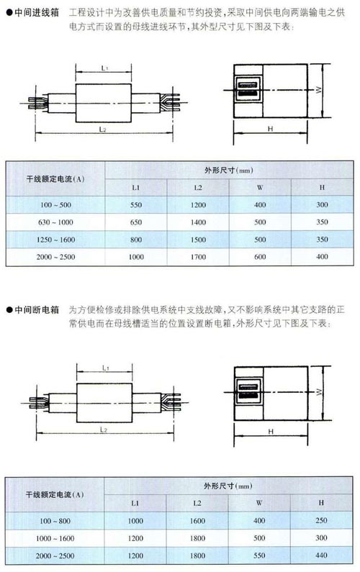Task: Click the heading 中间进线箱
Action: tap(37, 13)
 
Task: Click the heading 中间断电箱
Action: tap(37, 310)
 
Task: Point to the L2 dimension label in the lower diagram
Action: tap(104, 430)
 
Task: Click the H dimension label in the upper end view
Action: tap(270, 129)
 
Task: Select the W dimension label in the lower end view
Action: tap(319, 392)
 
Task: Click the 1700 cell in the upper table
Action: tap(198, 257)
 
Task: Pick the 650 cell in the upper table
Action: tap(136, 222)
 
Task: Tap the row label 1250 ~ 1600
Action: tap(56, 240)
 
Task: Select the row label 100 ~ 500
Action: tap(56, 204)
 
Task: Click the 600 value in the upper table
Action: tap(260, 257)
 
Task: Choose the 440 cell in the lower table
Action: tap(321, 555)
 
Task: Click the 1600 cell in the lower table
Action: tap(197, 521)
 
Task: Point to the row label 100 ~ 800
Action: tap(55, 521)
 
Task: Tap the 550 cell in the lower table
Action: tap(259, 555)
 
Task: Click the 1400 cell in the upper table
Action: tap(198, 222)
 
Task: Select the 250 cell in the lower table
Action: tap(321, 521)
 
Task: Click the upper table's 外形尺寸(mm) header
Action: tap(229, 171)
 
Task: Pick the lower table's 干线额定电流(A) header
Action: tap(55, 495)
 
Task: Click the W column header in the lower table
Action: tap(259, 503)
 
